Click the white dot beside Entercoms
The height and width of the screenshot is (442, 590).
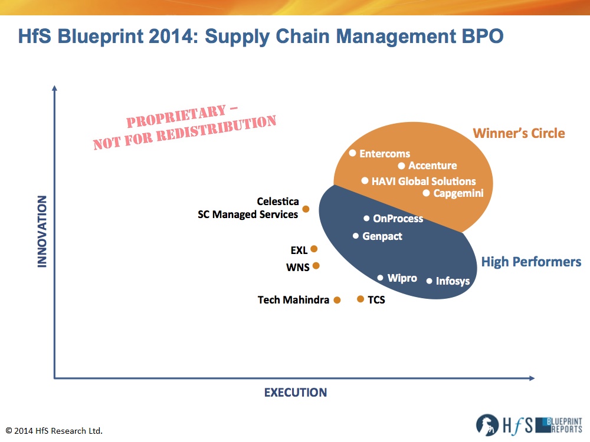pos(353,153)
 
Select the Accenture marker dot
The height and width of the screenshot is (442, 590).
pos(401,166)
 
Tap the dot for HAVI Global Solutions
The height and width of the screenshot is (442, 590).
pos(365,181)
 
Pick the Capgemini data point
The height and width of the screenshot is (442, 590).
pos(426,193)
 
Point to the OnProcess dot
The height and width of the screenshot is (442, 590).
pos(366,219)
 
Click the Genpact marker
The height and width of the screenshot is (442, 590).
pos(356,236)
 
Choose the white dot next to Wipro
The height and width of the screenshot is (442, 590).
pos(381,278)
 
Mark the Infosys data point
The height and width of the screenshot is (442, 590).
pos(429,281)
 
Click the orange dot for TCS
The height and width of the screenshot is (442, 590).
pos(360,299)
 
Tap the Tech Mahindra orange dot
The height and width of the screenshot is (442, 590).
pos(337,300)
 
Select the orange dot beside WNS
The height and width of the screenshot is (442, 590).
pos(316,266)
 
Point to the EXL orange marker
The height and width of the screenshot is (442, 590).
pos(314,249)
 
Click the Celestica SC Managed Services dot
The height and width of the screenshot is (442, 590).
pos(306,209)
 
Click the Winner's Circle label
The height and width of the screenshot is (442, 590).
pos(519,133)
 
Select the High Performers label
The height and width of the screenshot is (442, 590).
pos(532,262)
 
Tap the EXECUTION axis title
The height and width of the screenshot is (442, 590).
pos(296,392)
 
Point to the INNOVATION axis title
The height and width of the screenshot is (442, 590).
pos(42,232)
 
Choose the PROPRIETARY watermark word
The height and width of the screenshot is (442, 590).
pos(176,117)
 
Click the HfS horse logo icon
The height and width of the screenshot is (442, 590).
pos(487,425)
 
